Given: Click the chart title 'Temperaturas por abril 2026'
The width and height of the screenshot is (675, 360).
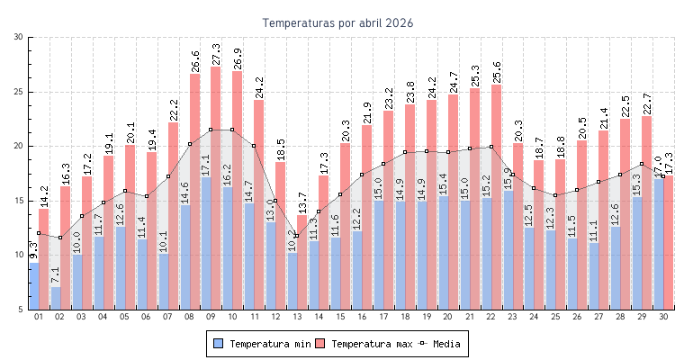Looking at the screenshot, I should click(x=337, y=23).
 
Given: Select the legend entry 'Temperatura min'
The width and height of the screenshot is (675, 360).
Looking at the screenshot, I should click(x=265, y=344).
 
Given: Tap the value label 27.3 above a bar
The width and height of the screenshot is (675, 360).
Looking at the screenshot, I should click(x=216, y=53).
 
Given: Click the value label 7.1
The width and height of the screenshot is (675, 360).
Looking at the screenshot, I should click(x=56, y=274).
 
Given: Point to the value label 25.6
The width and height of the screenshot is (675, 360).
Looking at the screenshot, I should click(x=496, y=72).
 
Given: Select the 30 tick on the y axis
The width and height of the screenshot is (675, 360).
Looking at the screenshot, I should click(x=20, y=37).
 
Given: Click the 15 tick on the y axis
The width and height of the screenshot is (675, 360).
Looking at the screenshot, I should click(x=20, y=201).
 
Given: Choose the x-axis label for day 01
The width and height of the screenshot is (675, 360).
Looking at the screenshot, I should click(x=39, y=317).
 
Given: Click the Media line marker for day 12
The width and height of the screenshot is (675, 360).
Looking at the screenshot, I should click(x=274, y=201).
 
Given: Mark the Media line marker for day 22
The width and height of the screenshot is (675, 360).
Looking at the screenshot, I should click(x=490, y=147).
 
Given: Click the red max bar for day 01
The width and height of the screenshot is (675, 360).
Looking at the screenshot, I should click(x=44, y=261).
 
